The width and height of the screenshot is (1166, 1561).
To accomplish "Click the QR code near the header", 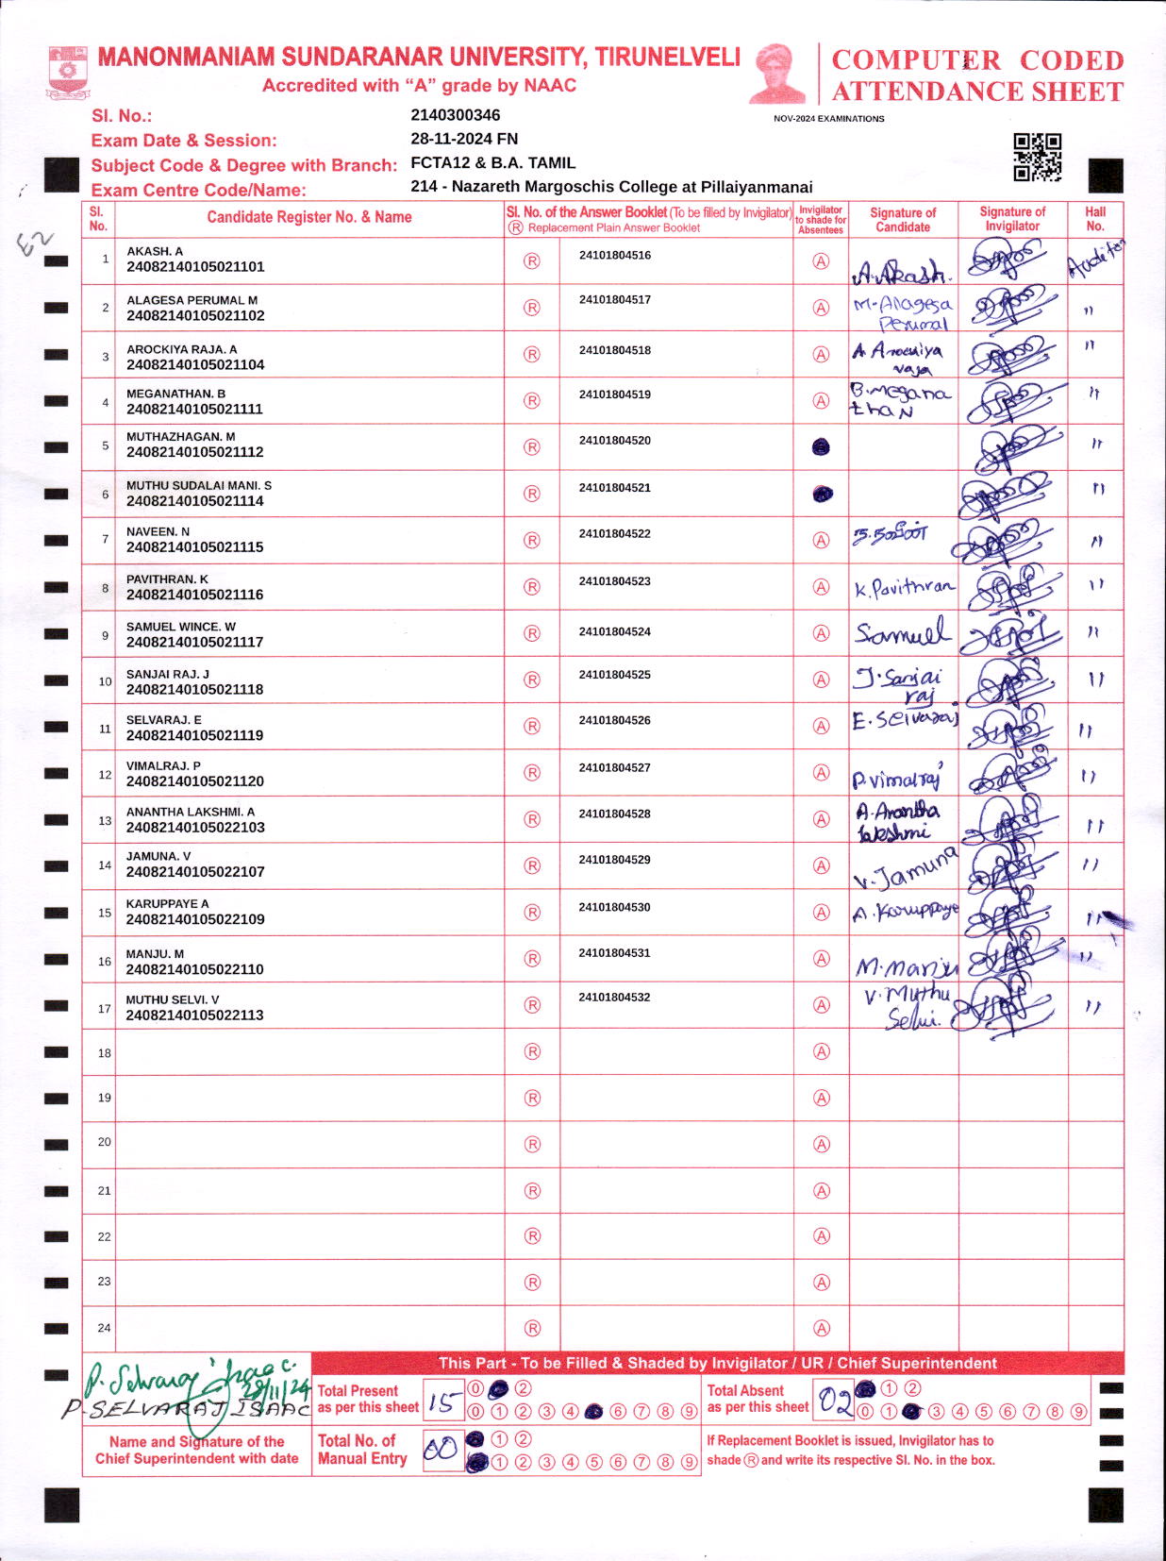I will coord(1037,157).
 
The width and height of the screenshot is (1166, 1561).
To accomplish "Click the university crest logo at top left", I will coord(67,73).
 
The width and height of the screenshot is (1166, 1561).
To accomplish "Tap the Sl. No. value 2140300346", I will coord(456,115).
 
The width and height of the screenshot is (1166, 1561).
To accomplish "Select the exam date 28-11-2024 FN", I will coord(464,139).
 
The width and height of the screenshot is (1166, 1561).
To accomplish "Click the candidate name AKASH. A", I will coord(155,251).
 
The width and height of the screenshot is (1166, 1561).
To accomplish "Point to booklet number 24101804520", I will coord(615,441).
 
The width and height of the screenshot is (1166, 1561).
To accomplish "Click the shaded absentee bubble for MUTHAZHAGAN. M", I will coord(821,447).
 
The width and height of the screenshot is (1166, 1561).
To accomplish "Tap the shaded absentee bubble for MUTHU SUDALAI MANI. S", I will coord(823,494).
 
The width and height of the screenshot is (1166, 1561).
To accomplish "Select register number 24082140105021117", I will coord(195,642).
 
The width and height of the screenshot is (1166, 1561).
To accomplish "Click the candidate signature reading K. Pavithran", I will coord(904,589).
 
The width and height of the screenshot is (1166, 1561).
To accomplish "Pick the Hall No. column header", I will coord(1095,219).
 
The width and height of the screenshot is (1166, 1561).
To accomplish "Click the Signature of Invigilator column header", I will coord(1012,219).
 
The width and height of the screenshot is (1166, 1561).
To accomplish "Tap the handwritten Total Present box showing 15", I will coord(442,1402).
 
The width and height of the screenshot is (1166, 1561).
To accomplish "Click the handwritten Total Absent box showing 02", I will coord(834,1401).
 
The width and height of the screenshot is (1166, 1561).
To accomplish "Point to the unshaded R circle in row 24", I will coord(532,1328).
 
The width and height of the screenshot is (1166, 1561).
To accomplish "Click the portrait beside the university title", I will coord(778,74).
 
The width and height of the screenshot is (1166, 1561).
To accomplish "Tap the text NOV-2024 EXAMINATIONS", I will coord(828,119).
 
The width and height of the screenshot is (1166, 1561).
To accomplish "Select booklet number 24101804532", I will coord(615,998).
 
